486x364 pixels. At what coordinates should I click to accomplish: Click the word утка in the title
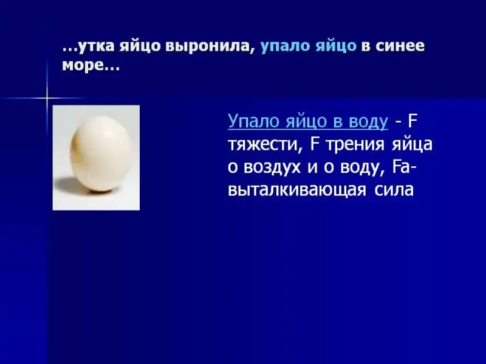[94, 46]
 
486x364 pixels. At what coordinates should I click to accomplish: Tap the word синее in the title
[400, 46]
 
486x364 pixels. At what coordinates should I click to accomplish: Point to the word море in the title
[82, 66]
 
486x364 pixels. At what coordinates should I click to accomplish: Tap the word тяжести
[265, 144]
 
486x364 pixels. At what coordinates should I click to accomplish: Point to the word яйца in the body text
[412, 144]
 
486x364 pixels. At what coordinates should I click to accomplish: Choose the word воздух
[272, 168]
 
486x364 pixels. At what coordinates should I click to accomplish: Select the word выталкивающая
[297, 190]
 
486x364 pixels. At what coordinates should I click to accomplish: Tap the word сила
[394, 190]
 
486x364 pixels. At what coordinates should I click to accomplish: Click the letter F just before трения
[315, 144]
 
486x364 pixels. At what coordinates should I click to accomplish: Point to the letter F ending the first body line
[413, 121]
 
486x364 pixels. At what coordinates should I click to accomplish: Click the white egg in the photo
[101, 153]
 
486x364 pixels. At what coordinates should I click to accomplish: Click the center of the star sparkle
[47, 98]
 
